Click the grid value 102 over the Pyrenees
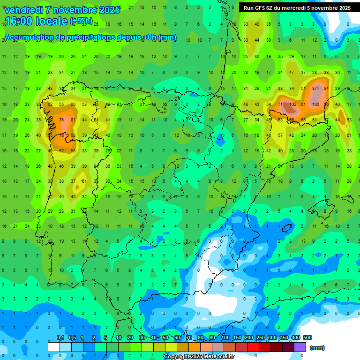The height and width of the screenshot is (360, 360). click(292, 104)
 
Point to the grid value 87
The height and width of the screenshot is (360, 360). click(315, 88)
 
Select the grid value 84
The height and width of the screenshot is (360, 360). click(326, 88)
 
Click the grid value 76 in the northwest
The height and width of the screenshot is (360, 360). click(61, 120)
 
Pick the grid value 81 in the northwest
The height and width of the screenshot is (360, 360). click(73, 120)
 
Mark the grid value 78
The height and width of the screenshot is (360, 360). click(61, 135)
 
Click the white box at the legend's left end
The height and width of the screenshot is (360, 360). click(54, 347)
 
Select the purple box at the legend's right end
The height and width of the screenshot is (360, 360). click(300, 347)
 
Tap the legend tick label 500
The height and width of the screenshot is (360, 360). click(307, 337)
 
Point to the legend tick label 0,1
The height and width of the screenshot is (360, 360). click(60, 337)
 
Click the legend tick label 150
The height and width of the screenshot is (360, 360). click(237, 337)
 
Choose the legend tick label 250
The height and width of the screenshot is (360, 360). click(261, 337)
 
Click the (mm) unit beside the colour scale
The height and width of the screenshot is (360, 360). click(317, 348)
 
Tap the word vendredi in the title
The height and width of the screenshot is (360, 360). click(24, 10)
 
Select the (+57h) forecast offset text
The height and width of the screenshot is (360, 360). click(82, 22)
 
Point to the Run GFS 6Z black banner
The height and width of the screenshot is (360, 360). click(297, 8)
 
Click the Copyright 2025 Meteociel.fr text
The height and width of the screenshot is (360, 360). click(199, 356)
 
